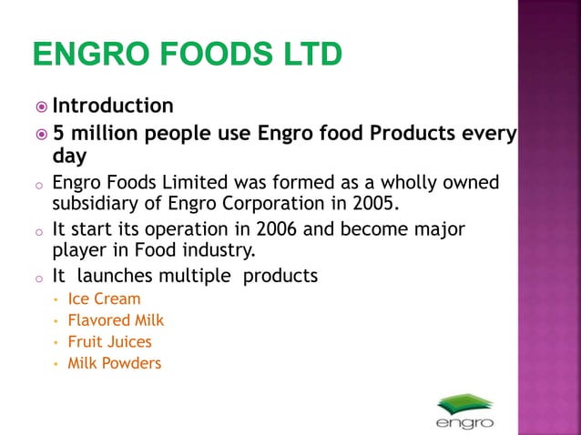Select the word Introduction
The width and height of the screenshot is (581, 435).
click(x=113, y=106)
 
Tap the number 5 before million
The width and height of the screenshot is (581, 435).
click(x=58, y=134)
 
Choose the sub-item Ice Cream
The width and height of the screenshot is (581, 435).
click(x=105, y=298)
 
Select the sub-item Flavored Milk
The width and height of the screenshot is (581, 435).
click(x=117, y=320)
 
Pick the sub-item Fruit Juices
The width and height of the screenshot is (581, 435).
click(x=110, y=342)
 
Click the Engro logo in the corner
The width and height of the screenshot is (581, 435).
click(x=464, y=410)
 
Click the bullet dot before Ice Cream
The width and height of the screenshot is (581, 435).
click(x=56, y=299)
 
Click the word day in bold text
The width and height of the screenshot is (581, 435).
click(x=69, y=157)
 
